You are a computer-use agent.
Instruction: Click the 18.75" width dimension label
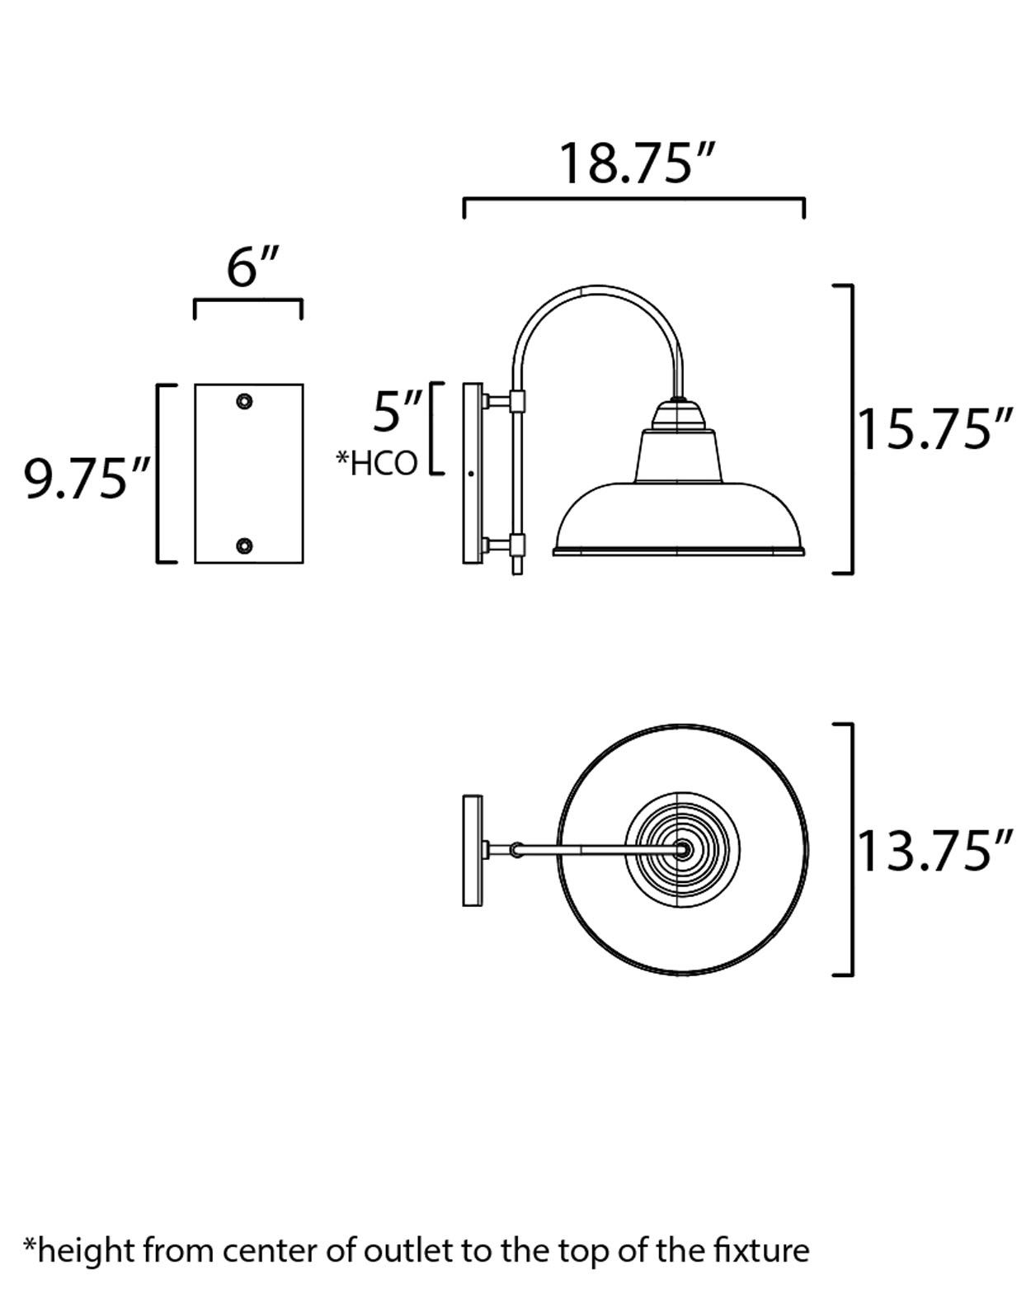coord(634,163)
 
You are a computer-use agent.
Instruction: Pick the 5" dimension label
coord(398,412)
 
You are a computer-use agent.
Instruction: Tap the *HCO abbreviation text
coord(377,464)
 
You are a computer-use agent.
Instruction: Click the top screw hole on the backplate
coord(244,402)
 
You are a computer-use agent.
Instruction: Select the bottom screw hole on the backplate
coord(244,545)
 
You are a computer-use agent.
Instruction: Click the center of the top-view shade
coord(682,849)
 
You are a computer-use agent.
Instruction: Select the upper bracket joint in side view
coord(517,402)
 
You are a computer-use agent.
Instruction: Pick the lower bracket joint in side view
coord(517,545)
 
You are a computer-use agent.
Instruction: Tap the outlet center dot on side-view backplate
coord(471,474)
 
